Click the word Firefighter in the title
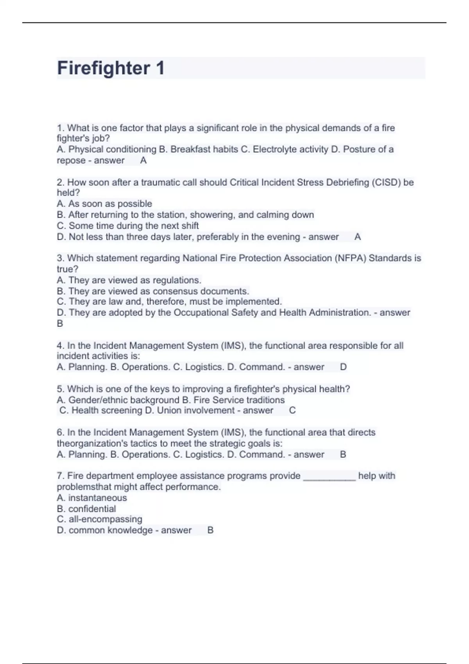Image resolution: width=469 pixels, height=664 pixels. coord(104,68)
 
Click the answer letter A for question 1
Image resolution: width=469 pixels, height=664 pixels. coord(143,161)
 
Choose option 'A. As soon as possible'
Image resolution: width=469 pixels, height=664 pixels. coord(104,204)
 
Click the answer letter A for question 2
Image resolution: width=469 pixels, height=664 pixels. coord(357,237)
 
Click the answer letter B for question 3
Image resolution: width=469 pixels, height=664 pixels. coord(60,324)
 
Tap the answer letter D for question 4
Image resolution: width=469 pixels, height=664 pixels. coord(343,367)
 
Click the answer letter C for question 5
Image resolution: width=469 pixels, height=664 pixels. coord(292,411)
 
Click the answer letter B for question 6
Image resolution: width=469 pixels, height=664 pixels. coord(343,455)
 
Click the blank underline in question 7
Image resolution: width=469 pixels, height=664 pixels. coord(329,477)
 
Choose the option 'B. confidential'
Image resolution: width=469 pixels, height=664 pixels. coord(86,509)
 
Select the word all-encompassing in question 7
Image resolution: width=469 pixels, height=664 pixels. coord(106,519)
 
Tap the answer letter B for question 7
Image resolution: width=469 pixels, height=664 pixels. coord(210,530)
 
